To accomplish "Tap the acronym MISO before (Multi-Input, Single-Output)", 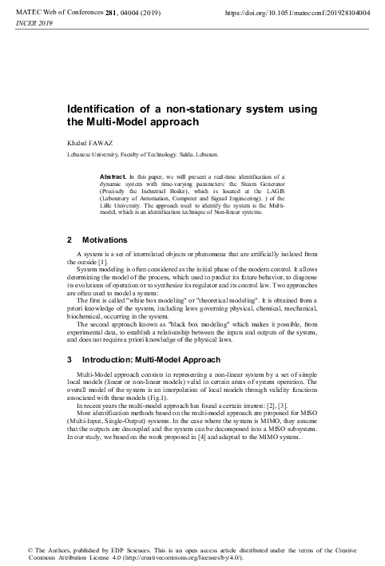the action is point(314,413).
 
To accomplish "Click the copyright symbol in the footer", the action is point(30,552).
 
